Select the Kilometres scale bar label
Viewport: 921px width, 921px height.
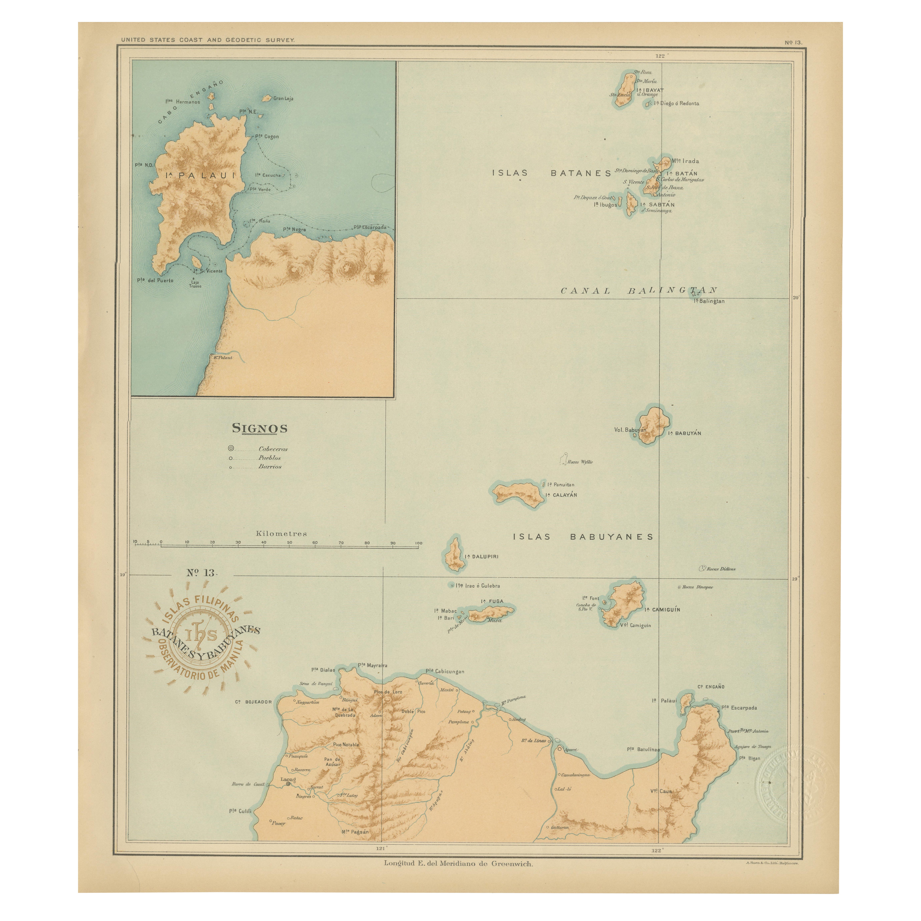coord(281,533)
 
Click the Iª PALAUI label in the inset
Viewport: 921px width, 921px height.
coord(200,175)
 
